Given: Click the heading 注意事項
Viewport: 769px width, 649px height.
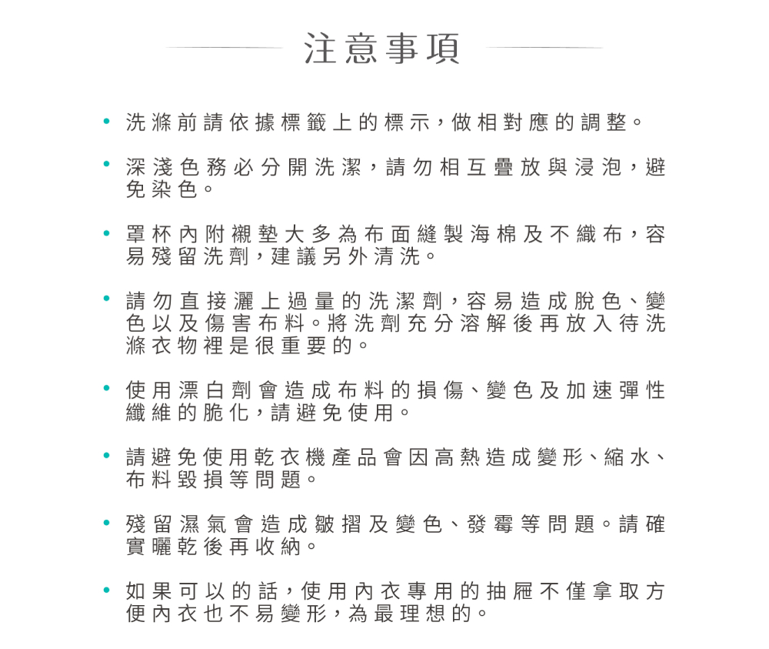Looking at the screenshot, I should pyautogui.click(x=382, y=49).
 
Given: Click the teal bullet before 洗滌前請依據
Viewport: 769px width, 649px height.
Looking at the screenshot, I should pyautogui.click(x=107, y=122).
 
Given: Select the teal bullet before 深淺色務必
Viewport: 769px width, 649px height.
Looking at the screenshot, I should pyautogui.click(x=107, y=166).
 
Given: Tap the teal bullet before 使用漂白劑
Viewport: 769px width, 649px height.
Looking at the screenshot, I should pyautogui.click(x=107, y=391).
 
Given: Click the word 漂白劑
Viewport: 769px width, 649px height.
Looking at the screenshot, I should pyautogui.click(x=200, y=391).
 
